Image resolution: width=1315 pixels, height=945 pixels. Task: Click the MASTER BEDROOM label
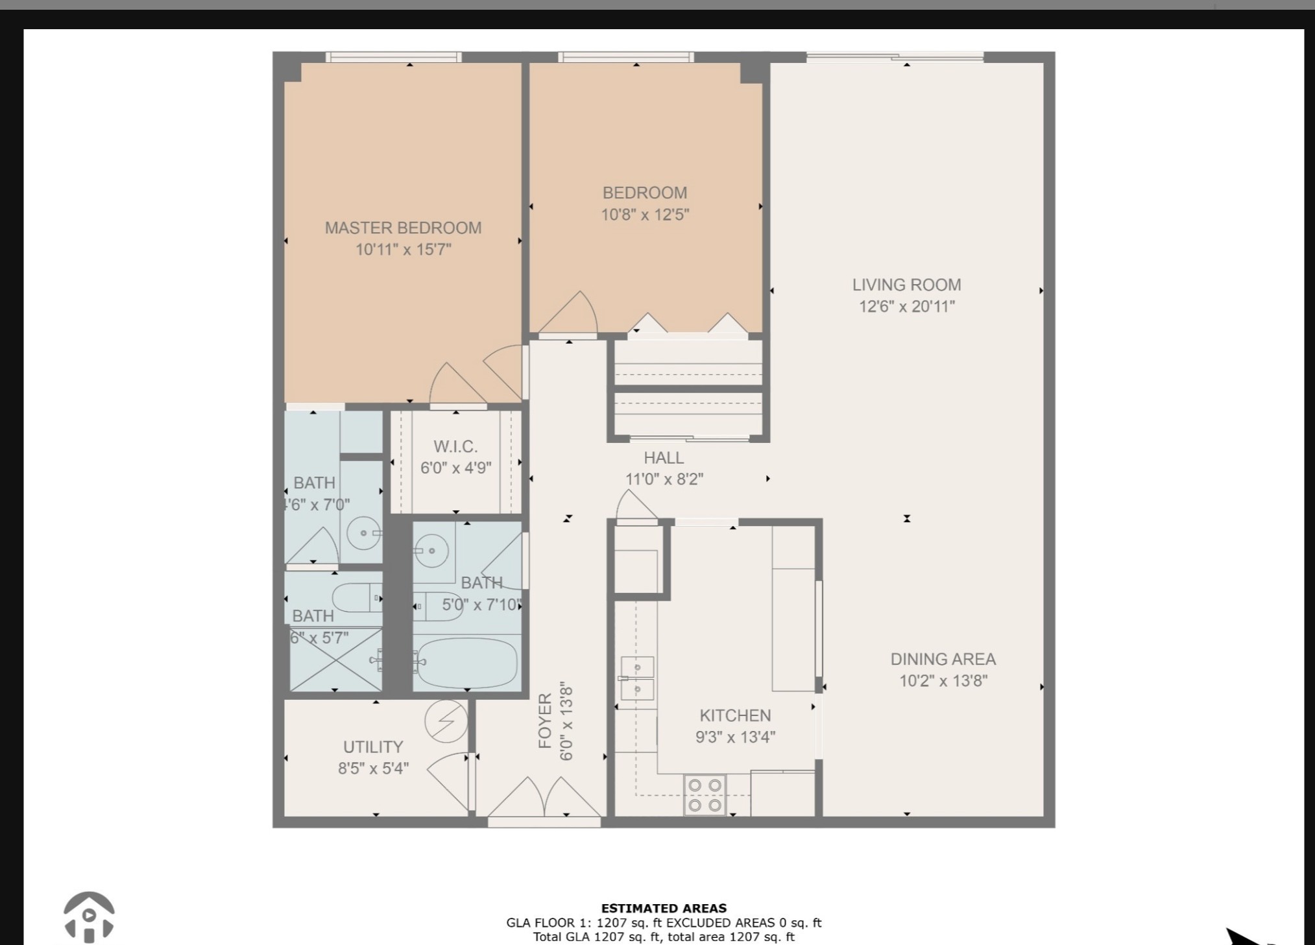tap(403, 228)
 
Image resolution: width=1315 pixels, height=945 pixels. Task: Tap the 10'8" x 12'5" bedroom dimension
tap(645, 215)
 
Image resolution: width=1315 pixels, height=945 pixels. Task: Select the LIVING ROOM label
tap(906, 285)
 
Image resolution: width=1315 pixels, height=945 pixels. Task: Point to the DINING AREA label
tap(943, 659)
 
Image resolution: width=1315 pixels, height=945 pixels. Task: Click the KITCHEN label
tap(735, 715)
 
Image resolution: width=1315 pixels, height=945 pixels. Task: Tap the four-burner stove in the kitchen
tap(705, 795)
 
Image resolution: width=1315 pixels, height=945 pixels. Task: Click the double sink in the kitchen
tap(637, 678)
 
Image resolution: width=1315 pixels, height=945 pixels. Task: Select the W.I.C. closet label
tap(455, 447)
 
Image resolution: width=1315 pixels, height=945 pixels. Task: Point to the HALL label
tap(664, 458)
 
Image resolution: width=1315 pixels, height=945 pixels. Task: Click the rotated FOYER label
tap(546, 721)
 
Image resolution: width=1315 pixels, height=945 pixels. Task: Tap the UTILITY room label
tap(373, 747)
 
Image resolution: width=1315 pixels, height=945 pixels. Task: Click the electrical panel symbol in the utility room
tap(446, 721)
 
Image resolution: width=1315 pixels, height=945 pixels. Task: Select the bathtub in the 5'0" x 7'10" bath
tap(467, 663)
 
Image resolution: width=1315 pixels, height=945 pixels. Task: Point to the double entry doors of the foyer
tap(544, 797)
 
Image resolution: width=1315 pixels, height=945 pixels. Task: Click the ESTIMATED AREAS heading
tap(664, 909)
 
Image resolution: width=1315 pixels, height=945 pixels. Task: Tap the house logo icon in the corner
tap(89, 917)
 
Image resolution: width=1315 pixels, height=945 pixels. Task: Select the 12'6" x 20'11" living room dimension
tap(907, 307)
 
